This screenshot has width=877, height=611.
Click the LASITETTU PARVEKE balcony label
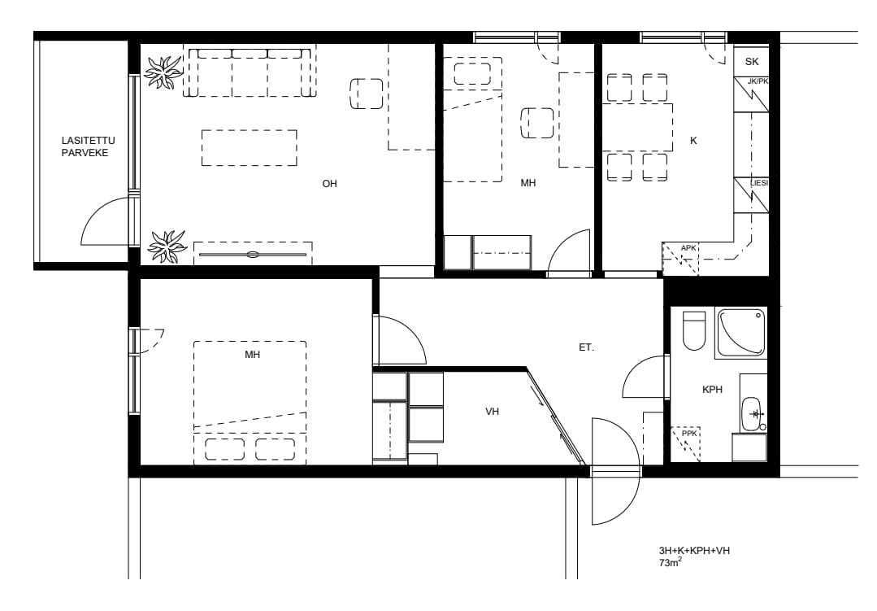[88, 146]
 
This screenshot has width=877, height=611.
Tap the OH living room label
[329, 184]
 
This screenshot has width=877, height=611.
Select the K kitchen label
[693, 141]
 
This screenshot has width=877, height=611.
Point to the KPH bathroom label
[712, 389]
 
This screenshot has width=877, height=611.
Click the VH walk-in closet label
[493, 412]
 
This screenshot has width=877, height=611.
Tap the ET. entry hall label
[586, 347]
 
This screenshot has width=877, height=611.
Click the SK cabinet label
[752, 62]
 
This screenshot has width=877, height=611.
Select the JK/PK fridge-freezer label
[758, 81]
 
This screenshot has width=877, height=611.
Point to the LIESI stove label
[759, 183]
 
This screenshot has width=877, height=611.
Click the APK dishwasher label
[688, 248]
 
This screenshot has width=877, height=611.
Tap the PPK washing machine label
[689, 434]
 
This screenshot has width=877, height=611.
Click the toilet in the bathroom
[694, 330]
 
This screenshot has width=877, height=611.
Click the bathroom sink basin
[751, 414]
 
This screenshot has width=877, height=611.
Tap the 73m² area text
[670, 563]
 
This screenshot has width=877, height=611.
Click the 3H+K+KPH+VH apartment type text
[694, 551]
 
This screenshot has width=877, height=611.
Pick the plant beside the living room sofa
[163, 72]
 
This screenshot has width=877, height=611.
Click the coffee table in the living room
[250, 148]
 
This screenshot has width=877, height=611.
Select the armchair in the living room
[367, 94]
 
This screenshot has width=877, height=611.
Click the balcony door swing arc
[98, 213]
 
